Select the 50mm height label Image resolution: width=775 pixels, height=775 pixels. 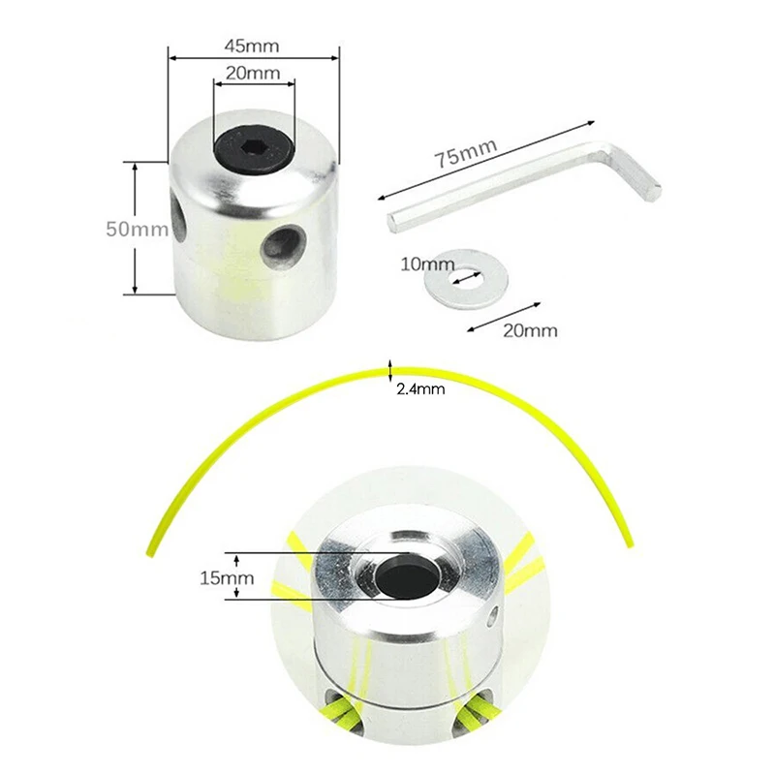(137, 230)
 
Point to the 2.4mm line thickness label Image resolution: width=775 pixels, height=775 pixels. (420, 390)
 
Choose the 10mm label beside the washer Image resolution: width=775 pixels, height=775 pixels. (427, 263)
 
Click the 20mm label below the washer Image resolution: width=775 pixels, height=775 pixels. (532, 330)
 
